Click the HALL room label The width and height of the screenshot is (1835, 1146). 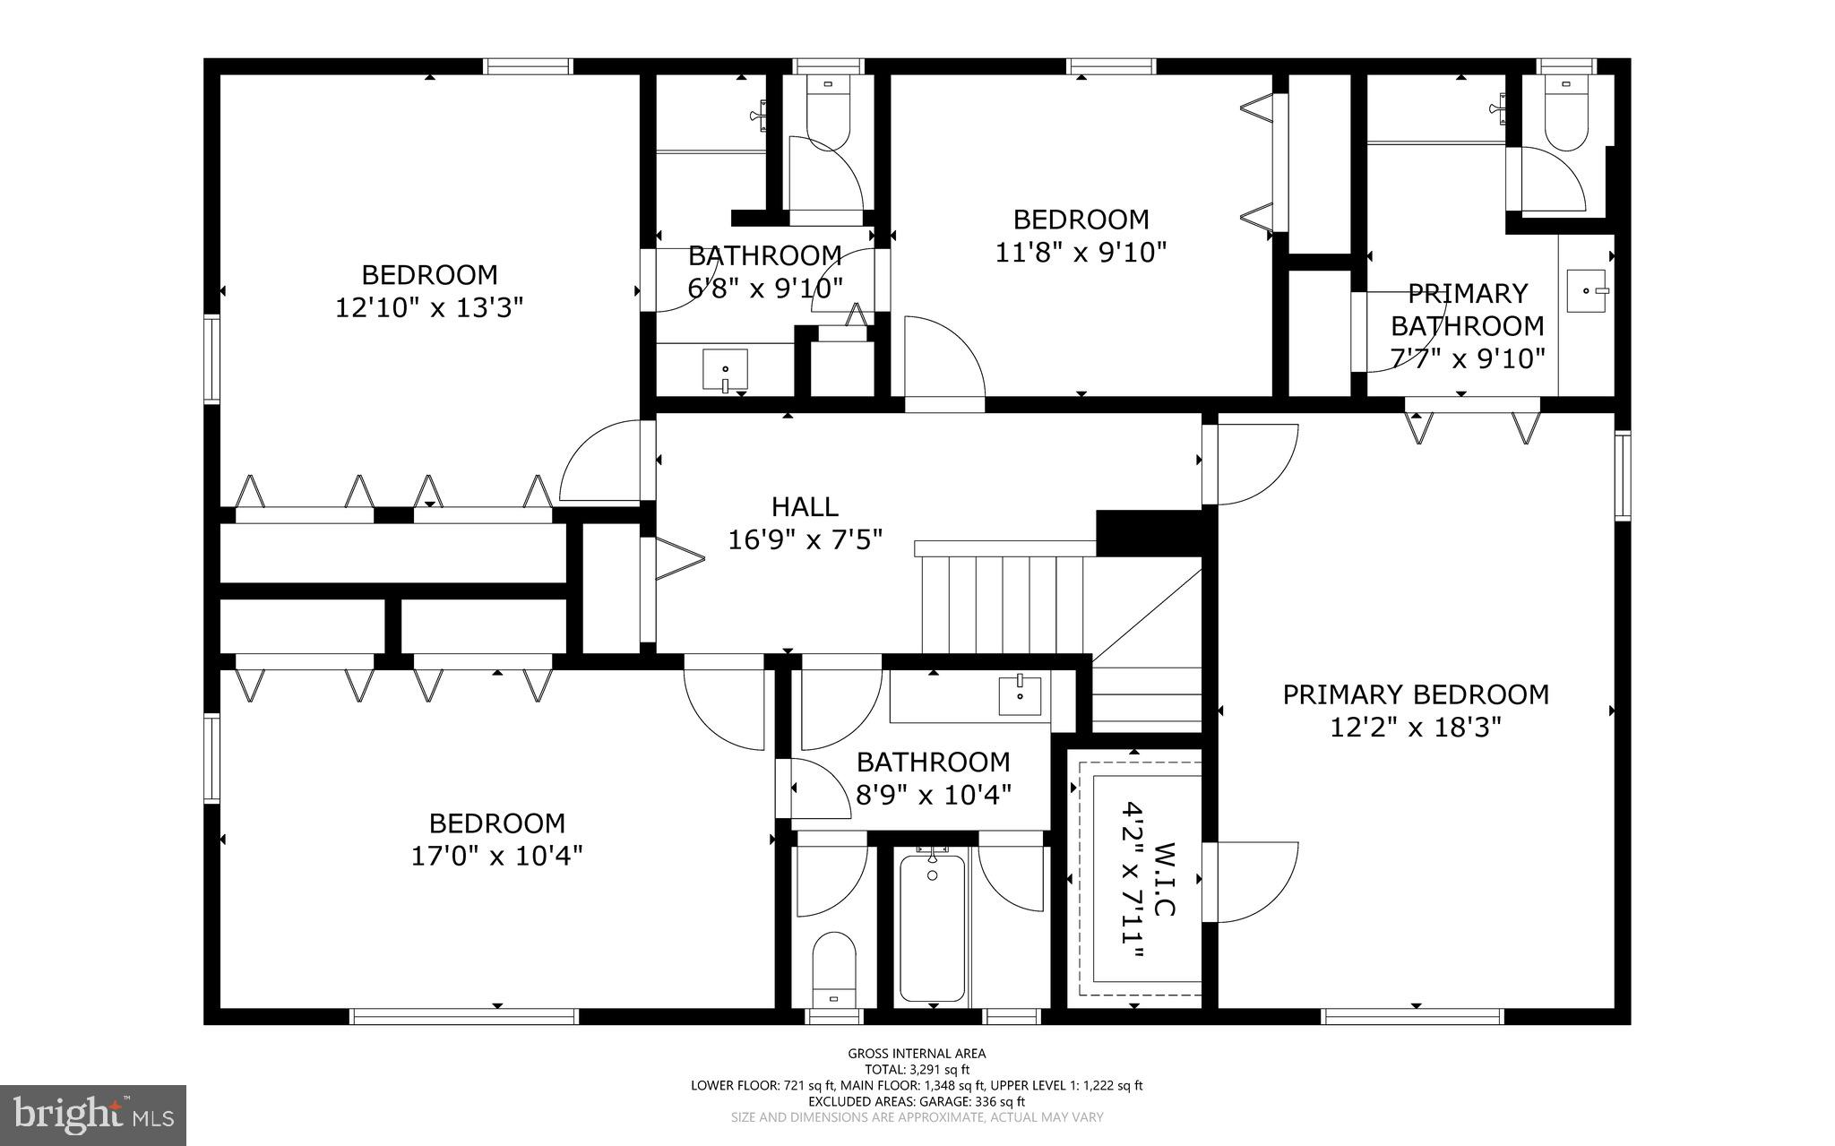[805, 507]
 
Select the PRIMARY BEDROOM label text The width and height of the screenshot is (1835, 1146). [1415, 694]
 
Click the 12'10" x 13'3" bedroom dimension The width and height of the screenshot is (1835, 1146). [429, 308]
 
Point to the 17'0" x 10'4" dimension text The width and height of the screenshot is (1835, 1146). [496, 857]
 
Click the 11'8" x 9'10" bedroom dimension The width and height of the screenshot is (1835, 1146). [1081, 253]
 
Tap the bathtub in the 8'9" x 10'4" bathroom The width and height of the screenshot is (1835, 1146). [932, 926]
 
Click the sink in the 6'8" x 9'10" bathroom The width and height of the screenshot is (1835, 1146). [725, 370]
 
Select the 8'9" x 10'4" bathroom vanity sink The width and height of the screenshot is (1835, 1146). [1020, 695]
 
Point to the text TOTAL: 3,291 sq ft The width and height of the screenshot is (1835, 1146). [917, 1069]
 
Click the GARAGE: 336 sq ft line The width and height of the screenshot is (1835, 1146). [917, 1101]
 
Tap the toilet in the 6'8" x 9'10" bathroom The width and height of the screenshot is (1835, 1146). [827, 116]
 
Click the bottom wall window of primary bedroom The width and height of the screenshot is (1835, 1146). [1412, 1016]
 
